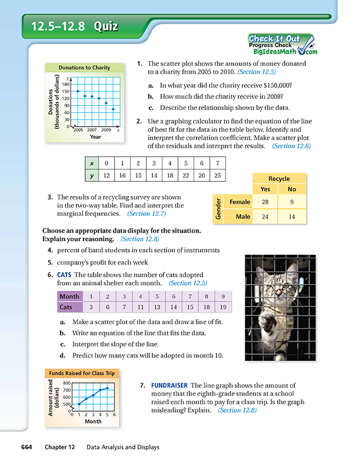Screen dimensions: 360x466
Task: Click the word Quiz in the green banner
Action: click(106, 26)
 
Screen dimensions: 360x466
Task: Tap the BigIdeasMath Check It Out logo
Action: click(283, 45)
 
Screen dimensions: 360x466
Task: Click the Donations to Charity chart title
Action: click(84, 68)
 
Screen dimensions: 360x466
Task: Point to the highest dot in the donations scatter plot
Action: click(78, 91)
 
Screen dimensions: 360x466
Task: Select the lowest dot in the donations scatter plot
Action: click(113, 109)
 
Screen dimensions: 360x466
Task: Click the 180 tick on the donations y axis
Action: click(66, 84)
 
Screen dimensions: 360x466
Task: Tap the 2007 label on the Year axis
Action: click(92, 130)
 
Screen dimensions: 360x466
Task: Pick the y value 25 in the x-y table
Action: click(218, 175)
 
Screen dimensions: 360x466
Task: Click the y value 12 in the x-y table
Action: click(106, 175)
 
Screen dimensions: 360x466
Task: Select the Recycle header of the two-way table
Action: click(279, 179)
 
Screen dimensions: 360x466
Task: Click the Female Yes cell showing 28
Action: click(265, 202)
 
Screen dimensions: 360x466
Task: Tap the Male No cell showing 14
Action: click(292, 217)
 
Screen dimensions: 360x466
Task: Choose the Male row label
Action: click(243, 217)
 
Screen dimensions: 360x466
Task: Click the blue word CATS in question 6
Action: click(64, 275)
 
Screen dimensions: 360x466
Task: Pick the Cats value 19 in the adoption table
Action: click(223, 307)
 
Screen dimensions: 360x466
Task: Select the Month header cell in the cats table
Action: click(69, 297)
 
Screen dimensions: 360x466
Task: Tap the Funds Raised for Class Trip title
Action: click(82, 373)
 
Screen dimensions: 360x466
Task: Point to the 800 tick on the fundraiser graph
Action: click(67, 383)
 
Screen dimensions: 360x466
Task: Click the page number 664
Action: click(26, 447)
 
